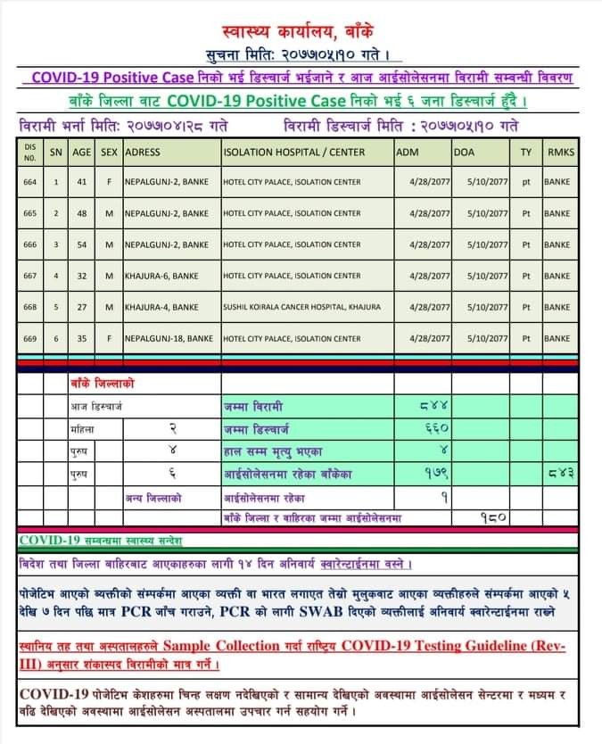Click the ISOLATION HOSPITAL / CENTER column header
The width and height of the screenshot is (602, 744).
pyautogui.click(x=293, y=153)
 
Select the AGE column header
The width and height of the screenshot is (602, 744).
pyautogui.click(x=82, y=153)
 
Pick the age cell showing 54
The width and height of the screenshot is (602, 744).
pyautogui.click(x=82, y=244)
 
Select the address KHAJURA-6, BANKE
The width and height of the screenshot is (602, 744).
pyautogui.click(x=161, y=276)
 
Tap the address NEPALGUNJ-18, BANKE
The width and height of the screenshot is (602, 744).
pyautogui.click(x=169, y=338)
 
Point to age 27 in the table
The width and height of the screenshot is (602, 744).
pyautogui.click(x=82, y=307)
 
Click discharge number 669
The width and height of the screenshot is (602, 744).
pyautogui.click(x=30, y=338)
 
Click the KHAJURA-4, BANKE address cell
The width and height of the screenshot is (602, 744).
pyautogui.click(x=161, y=307)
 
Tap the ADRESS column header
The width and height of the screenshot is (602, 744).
pyautogui.click(x=143, y=153)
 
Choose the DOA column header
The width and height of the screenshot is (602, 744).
pyautogui.click(x=465, y=153)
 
